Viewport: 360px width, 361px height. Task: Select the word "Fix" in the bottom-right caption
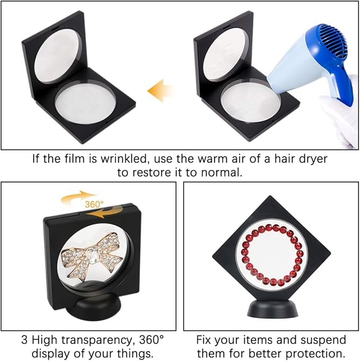205,340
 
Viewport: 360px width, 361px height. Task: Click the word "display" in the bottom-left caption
50,353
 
